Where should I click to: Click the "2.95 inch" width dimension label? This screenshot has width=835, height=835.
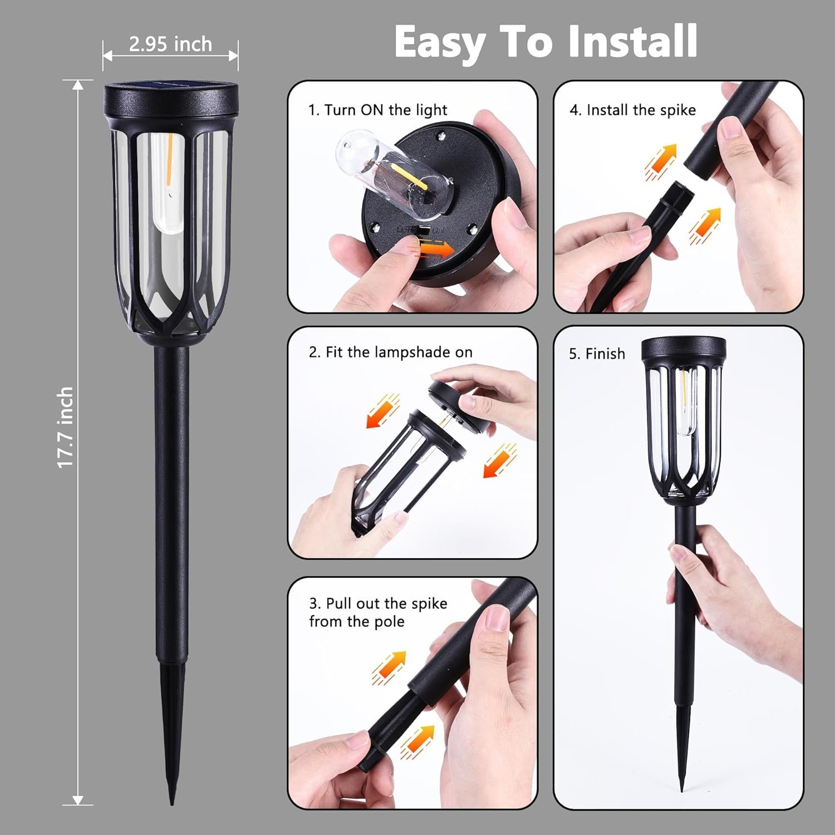(170, 44)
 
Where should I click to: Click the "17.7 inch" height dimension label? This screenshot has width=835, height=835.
(66, 427)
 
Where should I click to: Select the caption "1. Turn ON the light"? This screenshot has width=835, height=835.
(378, 110)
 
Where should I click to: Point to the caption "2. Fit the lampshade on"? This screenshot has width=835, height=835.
(391, 352)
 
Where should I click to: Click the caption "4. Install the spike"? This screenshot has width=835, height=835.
(632, 110)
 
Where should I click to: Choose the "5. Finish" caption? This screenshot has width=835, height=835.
(597, 354)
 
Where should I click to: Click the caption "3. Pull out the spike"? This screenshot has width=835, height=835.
(378, 603)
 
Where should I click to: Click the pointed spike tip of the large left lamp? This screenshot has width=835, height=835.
(173, 801)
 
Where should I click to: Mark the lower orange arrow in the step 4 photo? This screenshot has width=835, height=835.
(705, 225)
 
